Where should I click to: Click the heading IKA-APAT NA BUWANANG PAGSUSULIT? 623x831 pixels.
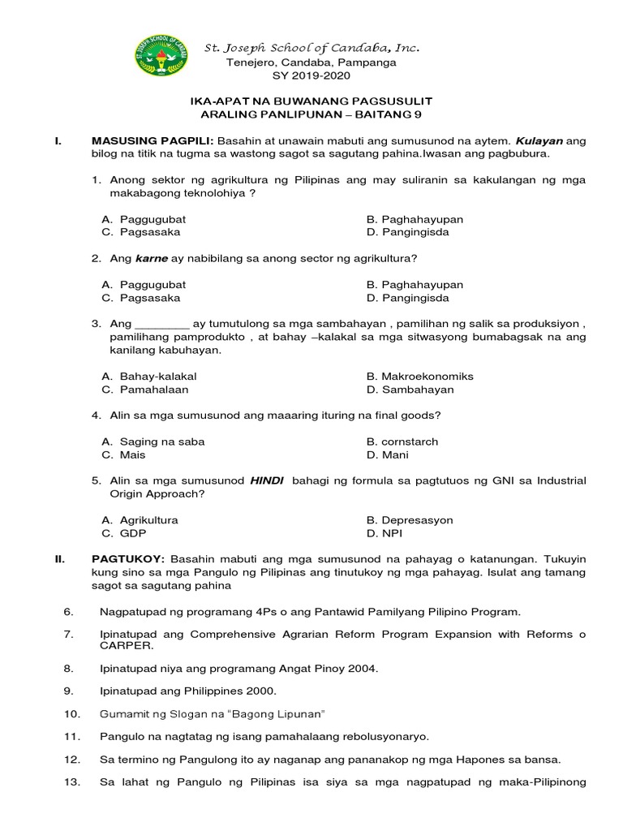pyautogui.click(x=311, y=101)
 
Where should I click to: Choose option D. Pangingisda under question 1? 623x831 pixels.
pyautogui.click(x=408, y=232)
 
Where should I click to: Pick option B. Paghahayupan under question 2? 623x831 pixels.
pyautogui.click(x=415, y=285)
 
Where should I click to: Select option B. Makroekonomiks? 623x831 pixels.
pyautogui.click(x=419, y=377)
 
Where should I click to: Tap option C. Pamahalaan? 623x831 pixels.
pyautogui.click(x=145, y=390)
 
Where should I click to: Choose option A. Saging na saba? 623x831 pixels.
pyautogui.click(x=153, y=442)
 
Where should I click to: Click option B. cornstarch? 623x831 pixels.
pyautogui.click(x=402, y=442)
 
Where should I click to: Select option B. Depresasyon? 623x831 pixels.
pyautogui.click(x=410, y=520)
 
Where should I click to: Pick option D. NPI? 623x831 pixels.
pyautogui.click(x=385, y=533)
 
